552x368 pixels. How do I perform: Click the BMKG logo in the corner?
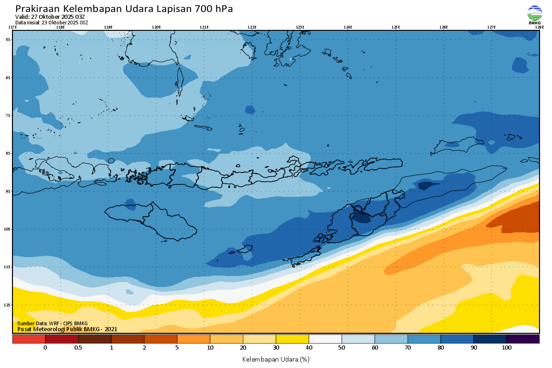pyautogui.click(x=535, y=15)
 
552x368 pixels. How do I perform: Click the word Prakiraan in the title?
pyautogui.click(x=37, y=9)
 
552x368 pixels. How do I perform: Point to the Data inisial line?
pyautogui.click(x=52, y=23)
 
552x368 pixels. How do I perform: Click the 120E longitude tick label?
pyautogui.click(x=156, y=27)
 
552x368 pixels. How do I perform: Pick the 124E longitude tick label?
pyautogui.click(x=348, y=27)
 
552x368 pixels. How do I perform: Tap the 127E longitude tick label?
pyautogui.click(x=491, y=27)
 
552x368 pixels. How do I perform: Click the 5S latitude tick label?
pyautogui.click(x=8, y=40)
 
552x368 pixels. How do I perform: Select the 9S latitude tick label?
pyautogui.click(x=8, y=191)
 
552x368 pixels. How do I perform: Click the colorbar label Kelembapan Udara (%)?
pyautogui.click(x=276, y=359)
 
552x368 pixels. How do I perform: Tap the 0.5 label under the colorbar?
pyautogui.click(x=78, y=348)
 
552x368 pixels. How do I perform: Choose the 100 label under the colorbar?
pyautogui.click(x=506, y=348)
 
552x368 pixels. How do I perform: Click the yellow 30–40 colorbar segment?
pyautogui.click(x=292, y=339)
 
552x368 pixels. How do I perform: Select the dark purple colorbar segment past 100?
pyautogui.click(x=523, y=339)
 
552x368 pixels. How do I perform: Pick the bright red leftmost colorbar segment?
pyautogui.click(x=29, y=339)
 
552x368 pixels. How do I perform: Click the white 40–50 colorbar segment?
pyautogui.click(x=325, y=339)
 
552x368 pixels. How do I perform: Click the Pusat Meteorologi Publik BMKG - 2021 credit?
pyautogui.click(x=67, y=329)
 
